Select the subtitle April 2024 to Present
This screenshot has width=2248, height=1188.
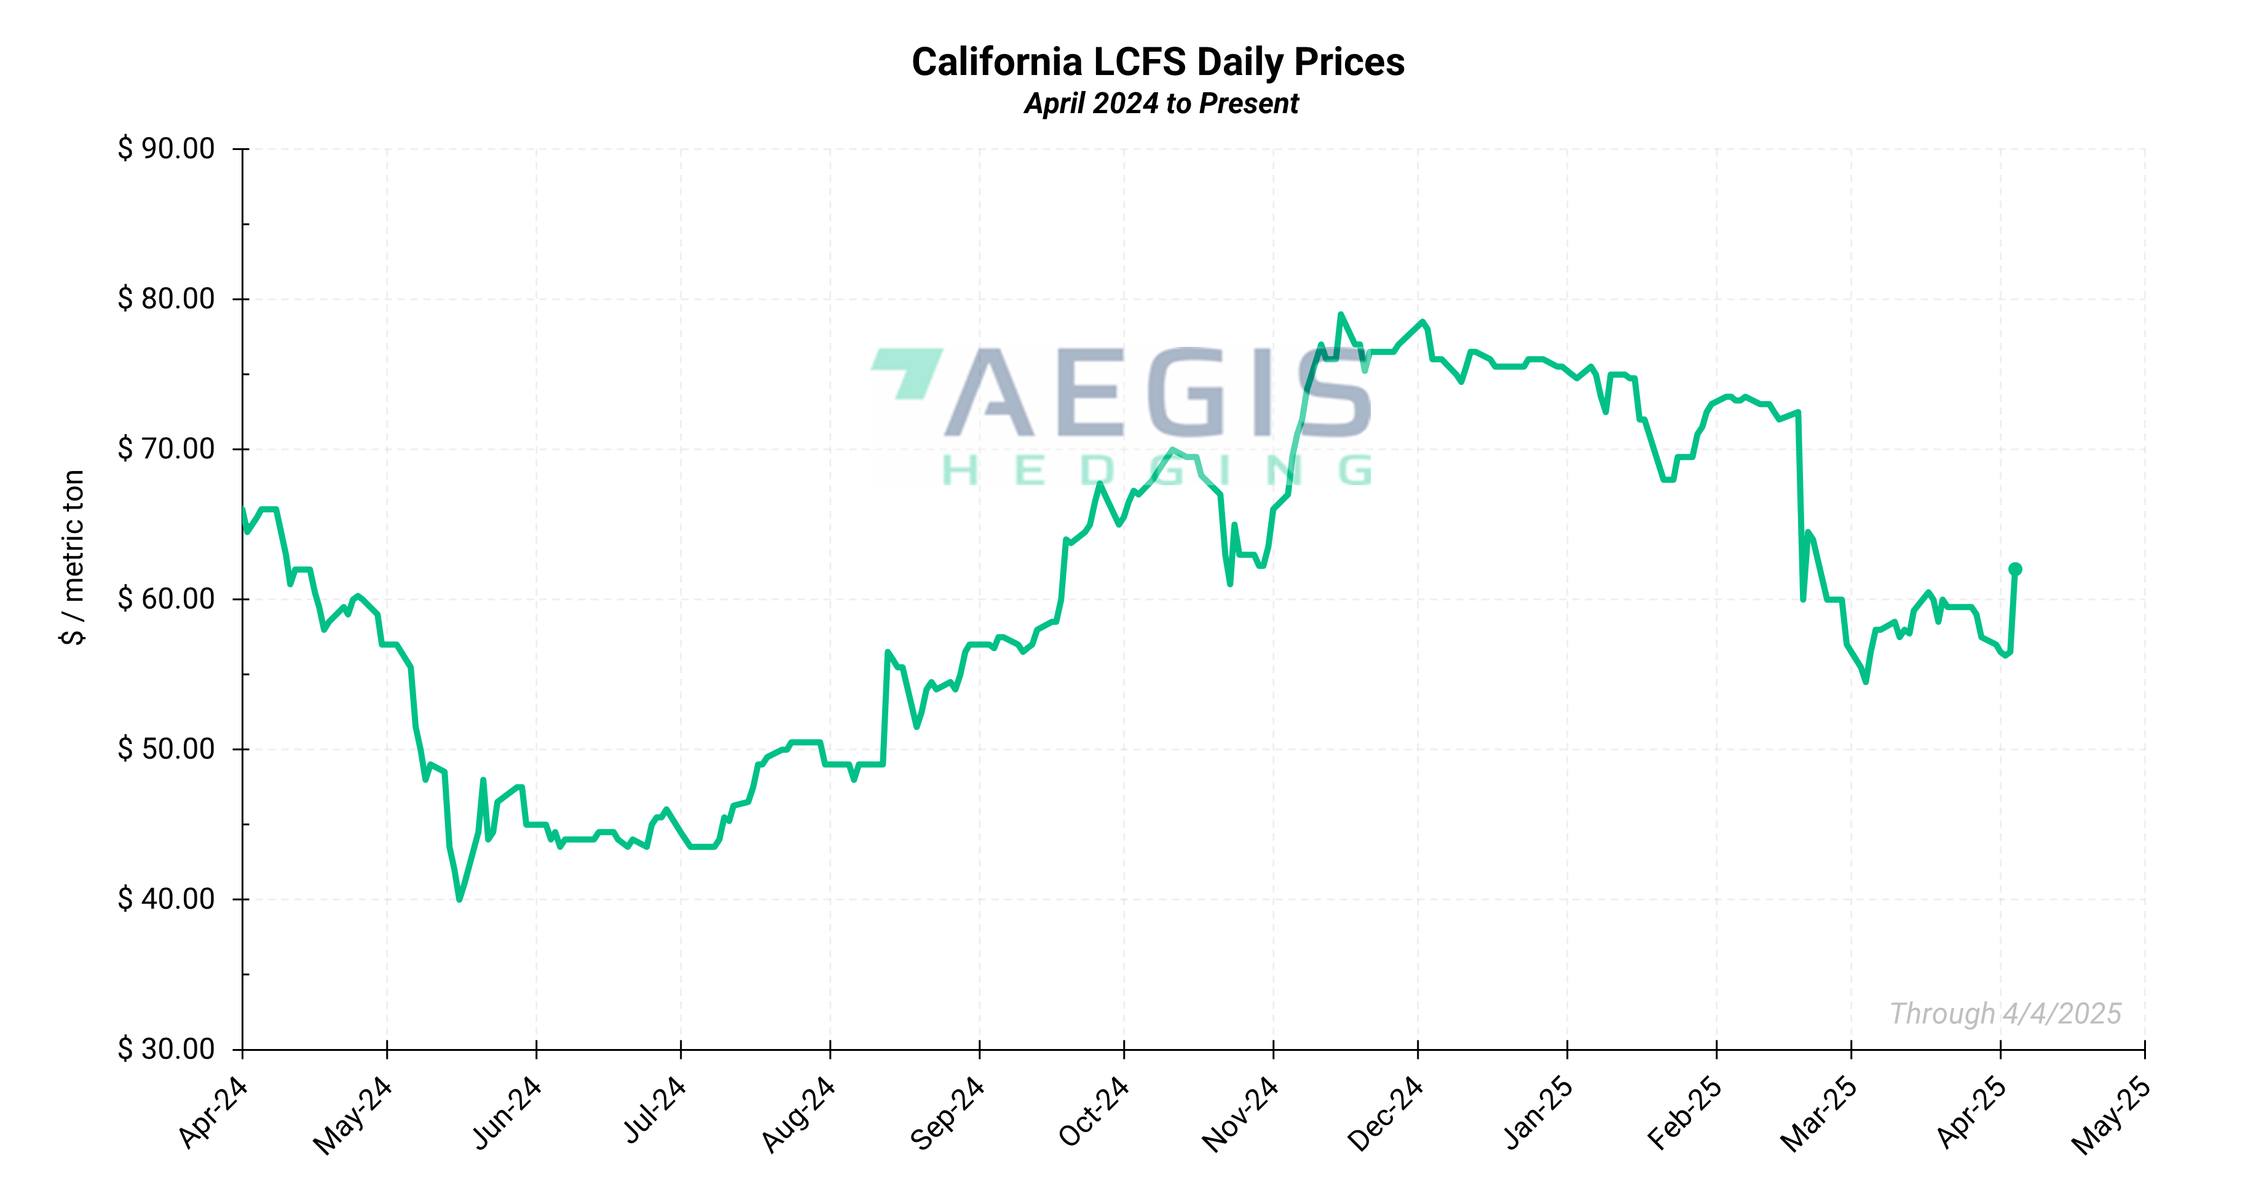[x=1161, y=104]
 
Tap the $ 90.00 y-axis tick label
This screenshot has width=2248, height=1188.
[x=166, y=148]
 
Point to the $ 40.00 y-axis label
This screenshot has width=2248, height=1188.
[x=166, y=898]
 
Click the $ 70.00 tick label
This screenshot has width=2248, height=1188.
[x=166, y=449]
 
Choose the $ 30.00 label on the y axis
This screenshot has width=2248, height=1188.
[x=166, y=1048]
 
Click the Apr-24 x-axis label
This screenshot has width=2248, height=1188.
[x=213, y=1113]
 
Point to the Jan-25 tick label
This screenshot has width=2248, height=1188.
[x=1537, y=1113]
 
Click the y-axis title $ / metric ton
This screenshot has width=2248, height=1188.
[x=73, y=557]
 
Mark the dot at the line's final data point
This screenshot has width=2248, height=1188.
[x=2015, y=569]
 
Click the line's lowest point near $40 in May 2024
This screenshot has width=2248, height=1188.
[x=459, y=898]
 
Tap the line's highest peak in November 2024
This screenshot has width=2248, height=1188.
[x=1341, y=314]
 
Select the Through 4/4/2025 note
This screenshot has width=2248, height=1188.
[x=2005, y=1013]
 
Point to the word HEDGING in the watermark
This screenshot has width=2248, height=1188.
[x=1157, y=472]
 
